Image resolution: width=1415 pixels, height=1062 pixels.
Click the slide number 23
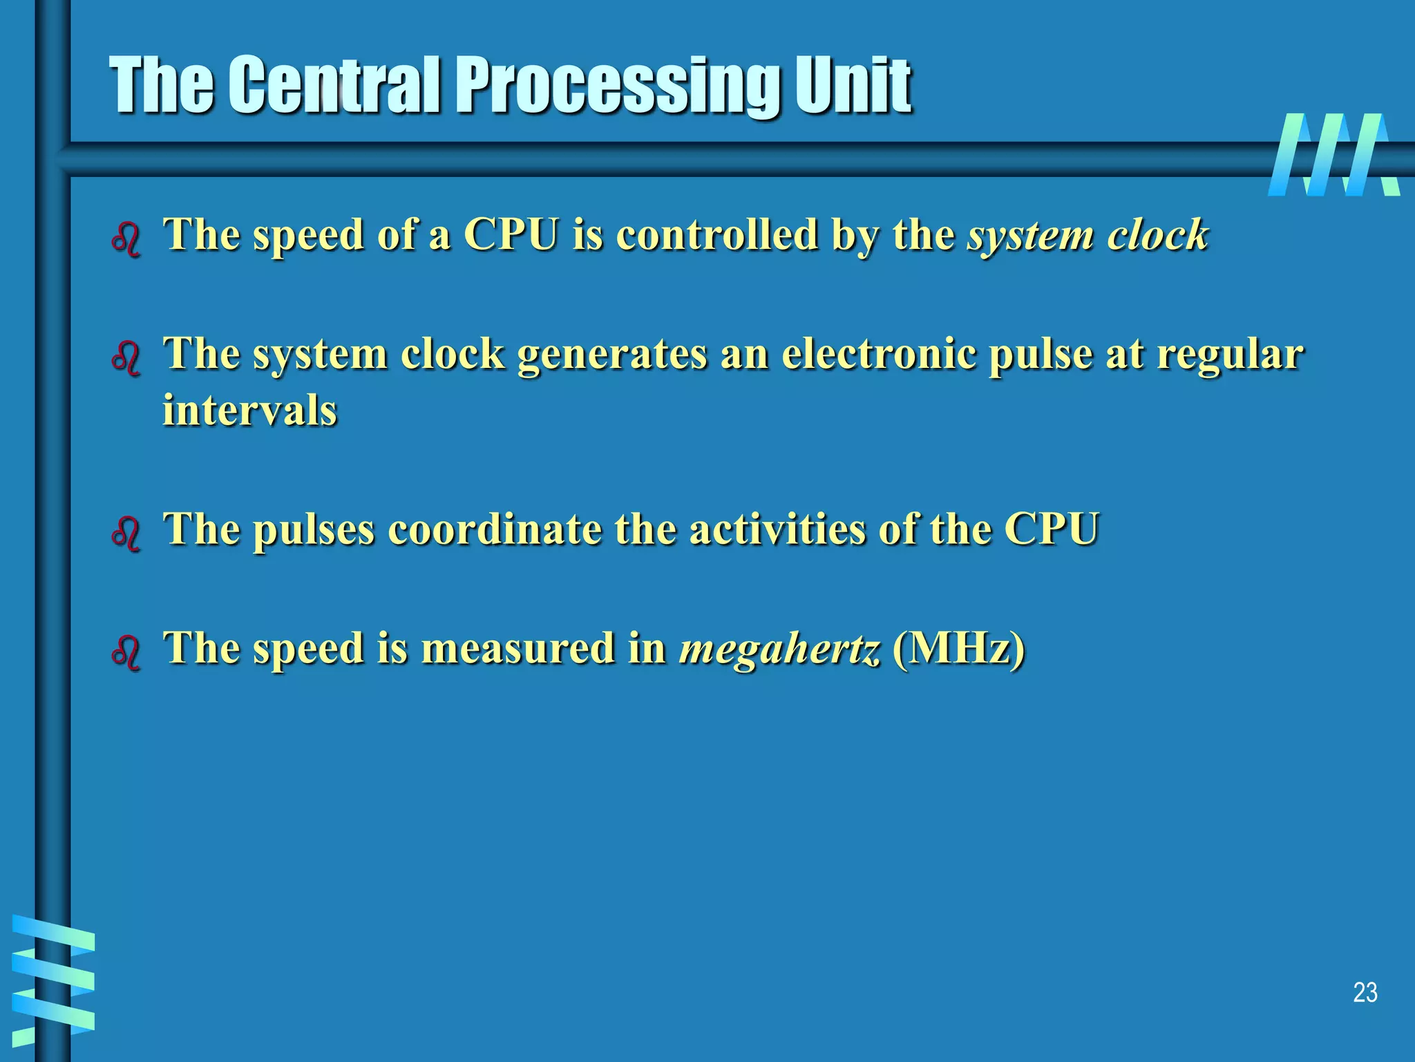click(x=1365, y=993)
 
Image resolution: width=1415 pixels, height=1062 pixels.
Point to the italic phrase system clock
click(x=1088, y=235)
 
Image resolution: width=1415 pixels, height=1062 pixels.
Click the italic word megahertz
click(x=780, y=649)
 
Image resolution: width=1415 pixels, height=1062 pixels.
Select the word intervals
click(x=249, y=410)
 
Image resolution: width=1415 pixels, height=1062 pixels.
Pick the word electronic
click(x=879, y=354)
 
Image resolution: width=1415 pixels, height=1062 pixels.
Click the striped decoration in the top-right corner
click(x=1333, y=155)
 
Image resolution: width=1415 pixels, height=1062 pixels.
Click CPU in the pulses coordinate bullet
click(x=1051, y=530)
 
